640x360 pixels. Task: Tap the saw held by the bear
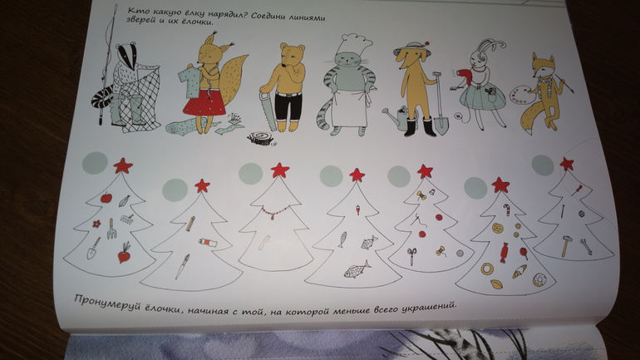268,111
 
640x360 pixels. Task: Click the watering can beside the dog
395,116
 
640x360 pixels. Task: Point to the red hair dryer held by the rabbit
462,76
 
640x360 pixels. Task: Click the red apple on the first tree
106,198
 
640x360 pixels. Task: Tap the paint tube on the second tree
208,243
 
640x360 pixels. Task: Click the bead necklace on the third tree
275,212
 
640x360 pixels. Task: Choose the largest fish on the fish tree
357,270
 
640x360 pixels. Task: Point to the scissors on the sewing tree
411,255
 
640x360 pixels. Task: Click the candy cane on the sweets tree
507,210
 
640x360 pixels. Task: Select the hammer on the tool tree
566,246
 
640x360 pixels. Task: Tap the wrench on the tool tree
586,247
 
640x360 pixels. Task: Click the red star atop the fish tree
357,175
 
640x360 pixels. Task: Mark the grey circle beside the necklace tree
251,174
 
